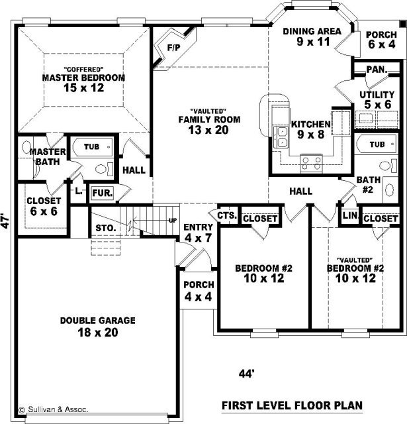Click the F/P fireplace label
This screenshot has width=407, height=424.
pos(173,48)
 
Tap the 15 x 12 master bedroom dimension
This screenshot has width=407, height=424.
pos(84,87)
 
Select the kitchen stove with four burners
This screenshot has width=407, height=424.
pos(312,163)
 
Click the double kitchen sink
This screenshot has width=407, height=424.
pos(281,137)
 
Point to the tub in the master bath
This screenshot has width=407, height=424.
pos(92,147)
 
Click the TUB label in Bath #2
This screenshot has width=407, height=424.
pos(377,144)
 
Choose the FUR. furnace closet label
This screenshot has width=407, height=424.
pos(103,193)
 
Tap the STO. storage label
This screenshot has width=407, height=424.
pos(106,228)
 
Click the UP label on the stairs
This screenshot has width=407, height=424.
pos(173,221)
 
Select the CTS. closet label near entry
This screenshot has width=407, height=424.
pos(227,215)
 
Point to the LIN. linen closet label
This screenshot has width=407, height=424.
pos(350,215)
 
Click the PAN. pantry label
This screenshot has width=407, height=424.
pos(377,70)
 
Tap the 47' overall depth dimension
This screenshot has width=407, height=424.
pos(6,222)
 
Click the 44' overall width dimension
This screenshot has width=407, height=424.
pos(247,374)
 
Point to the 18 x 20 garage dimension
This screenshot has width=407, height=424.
pos(98,333)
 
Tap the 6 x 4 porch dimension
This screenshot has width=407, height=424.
pos(382,44)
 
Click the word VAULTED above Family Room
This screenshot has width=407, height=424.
pos(208,111)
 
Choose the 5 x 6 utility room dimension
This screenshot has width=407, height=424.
pos(377,105)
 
